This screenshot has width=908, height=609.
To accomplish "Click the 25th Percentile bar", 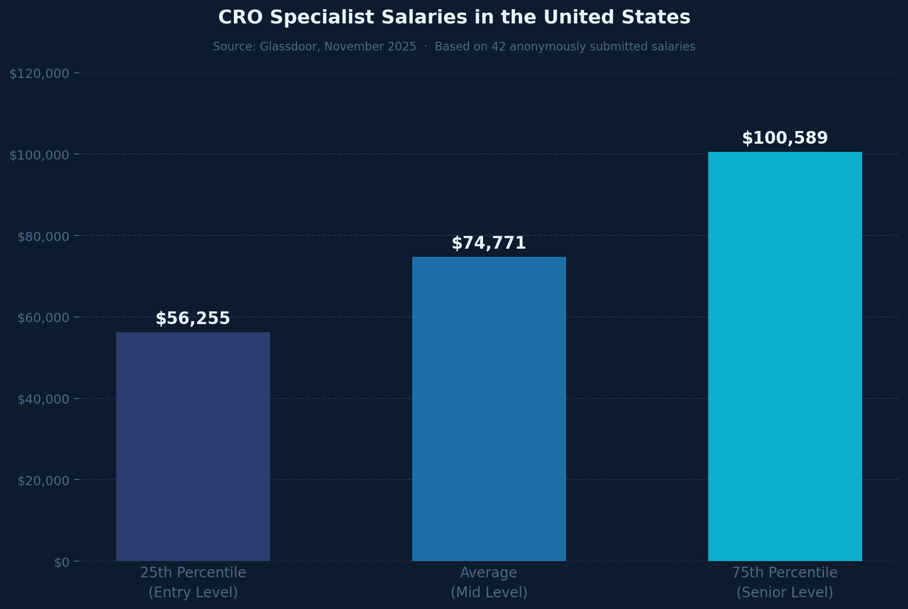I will [193, 446].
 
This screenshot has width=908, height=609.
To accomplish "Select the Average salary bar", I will [489, 409].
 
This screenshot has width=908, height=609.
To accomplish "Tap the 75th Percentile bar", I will [785, 356].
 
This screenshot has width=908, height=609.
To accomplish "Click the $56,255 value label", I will [193, 319].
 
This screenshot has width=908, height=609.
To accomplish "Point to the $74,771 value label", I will [489, 244].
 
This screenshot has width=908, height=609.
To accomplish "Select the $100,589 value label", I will [785, 139].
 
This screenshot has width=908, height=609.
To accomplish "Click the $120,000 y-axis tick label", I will [39, 74].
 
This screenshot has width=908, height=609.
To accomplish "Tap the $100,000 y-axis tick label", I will [39, 155].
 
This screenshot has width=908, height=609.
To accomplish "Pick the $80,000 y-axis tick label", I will [43, 236].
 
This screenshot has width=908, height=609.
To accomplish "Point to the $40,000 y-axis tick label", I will [43, 399].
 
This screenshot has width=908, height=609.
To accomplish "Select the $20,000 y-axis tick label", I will [43, 481].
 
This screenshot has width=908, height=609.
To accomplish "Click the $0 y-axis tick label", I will [62, 562].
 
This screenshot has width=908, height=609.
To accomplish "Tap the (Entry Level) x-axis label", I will [193, 593].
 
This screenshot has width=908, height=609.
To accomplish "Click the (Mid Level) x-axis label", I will [489, 593].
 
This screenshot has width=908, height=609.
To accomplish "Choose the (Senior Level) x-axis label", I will [785, 593].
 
